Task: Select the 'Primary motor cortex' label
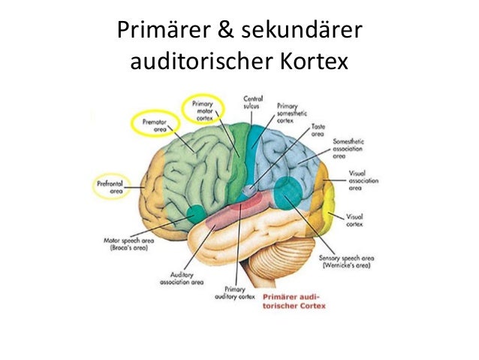point(203,110)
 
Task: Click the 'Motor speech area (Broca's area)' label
point(129,244)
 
